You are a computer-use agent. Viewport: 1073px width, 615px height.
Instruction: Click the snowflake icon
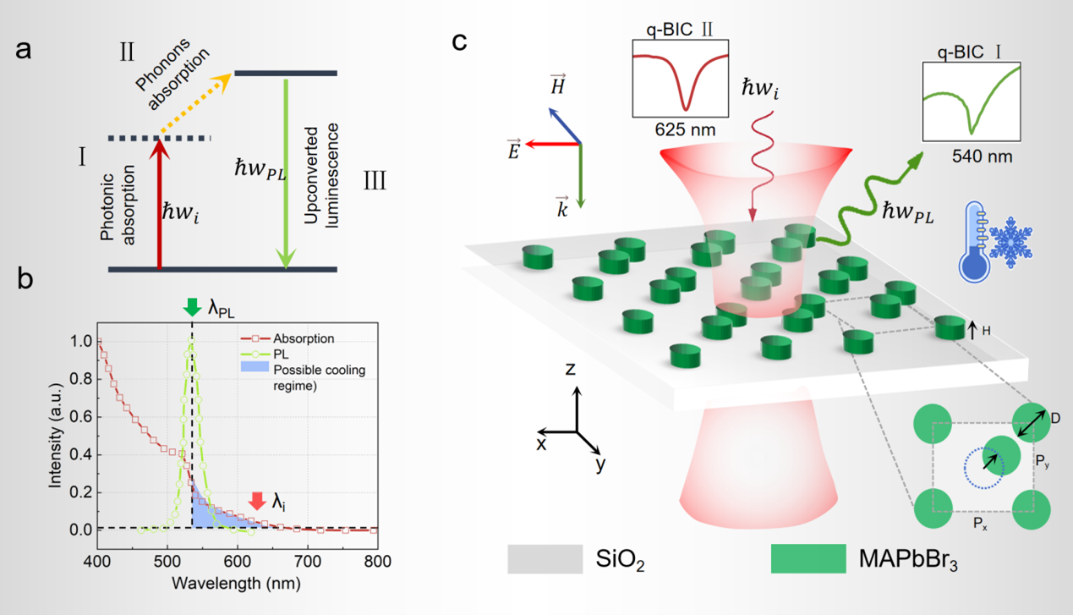(x=1012, y=241)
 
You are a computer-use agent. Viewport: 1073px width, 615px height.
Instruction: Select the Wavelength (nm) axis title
(x=236, y=584)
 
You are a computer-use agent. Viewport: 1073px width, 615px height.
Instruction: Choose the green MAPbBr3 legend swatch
(x=807, y=559)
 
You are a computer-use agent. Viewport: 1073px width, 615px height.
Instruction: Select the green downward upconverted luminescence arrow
(x=286, y=173)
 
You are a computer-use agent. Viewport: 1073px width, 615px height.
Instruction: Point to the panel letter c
(x=459, y=41)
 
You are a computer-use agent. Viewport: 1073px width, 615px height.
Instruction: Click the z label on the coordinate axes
(x=572, y=368)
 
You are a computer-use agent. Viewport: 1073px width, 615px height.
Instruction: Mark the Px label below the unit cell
(x=979, y=524)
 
